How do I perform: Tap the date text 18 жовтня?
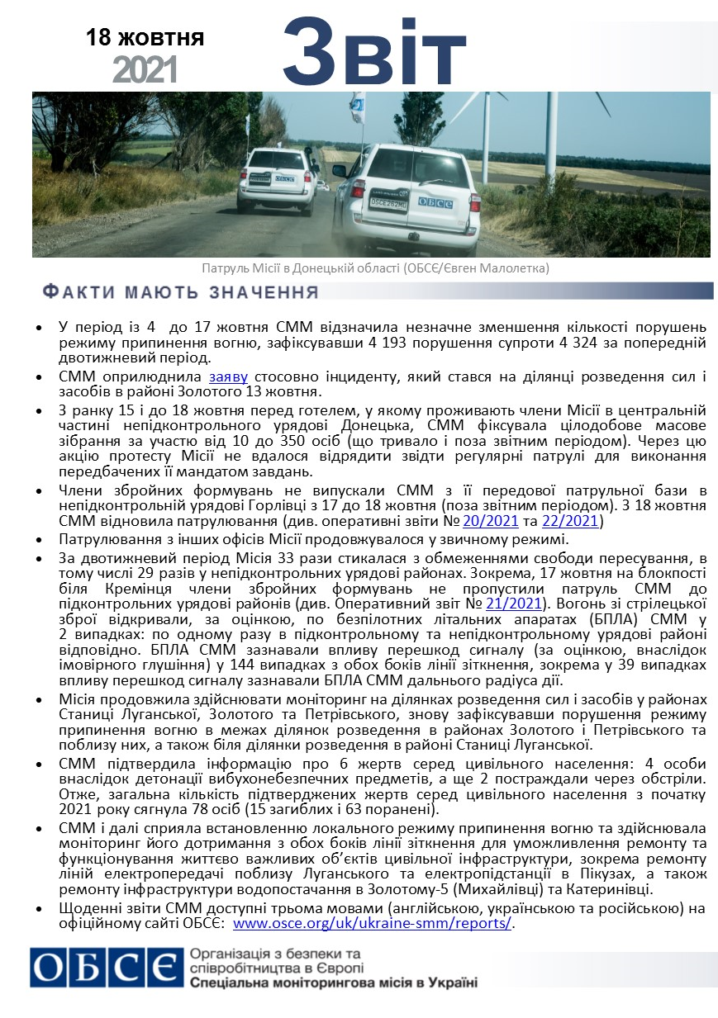(x=145, y=37)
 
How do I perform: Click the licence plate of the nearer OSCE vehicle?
(x=388, y=202)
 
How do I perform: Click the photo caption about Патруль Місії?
(x=375, y=268)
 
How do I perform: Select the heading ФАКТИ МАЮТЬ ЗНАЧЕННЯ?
(x=180, y=292)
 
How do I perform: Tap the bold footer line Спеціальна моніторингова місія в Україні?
(x=333, y=983)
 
